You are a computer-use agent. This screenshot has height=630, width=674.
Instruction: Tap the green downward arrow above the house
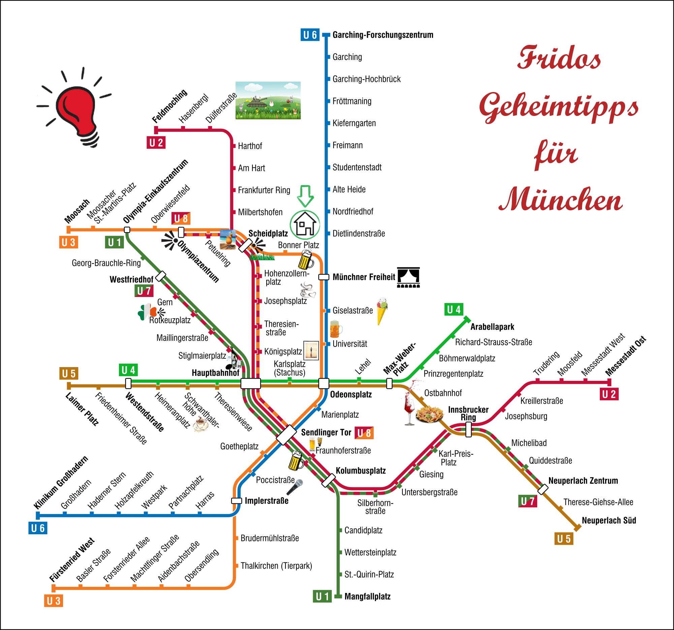[305, 195]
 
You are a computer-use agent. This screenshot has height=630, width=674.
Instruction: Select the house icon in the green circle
[305, 224]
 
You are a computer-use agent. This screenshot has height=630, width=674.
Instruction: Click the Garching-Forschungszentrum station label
[383, 35]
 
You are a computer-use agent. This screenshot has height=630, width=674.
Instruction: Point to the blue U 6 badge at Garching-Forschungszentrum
[310, 35]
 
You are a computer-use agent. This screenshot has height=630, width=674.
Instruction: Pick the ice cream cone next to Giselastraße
[382, 310]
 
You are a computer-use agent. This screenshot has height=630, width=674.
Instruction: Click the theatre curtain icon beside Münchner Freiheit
[408, 277]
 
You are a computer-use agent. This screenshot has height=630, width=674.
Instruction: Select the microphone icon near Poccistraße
[295, 487]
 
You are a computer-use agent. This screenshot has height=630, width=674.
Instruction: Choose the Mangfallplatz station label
[368, 596]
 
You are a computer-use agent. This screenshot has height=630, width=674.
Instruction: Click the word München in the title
[560, 200]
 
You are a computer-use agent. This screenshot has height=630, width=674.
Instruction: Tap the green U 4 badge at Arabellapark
[454, 309]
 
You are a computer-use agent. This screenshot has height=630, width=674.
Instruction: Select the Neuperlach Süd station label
[609, 520]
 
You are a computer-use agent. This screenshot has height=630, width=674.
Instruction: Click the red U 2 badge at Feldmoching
[156, 143]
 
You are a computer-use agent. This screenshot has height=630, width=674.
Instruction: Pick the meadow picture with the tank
[268, 100]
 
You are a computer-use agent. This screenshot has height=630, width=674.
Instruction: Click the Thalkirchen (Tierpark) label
[276, 566]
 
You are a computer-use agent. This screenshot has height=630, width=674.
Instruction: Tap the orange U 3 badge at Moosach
[68, 242]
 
